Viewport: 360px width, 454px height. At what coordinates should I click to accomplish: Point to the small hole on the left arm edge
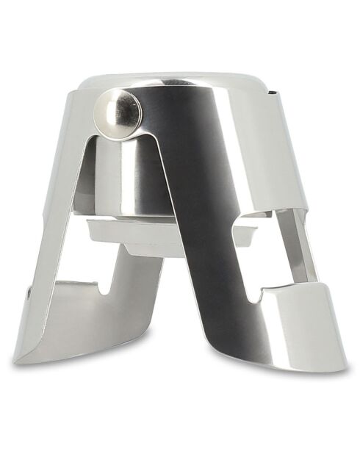click(x=28, y=292)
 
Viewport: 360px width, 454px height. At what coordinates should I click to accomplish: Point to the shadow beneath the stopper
click(x=184, y=367)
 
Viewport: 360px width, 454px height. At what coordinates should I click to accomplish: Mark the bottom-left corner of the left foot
click(x=16, y=360)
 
